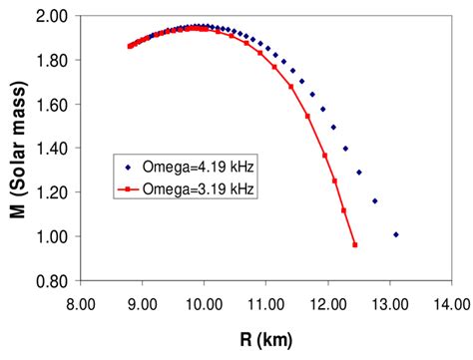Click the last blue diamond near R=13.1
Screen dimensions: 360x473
coord(396,234)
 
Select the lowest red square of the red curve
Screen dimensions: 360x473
coord(354,245)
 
